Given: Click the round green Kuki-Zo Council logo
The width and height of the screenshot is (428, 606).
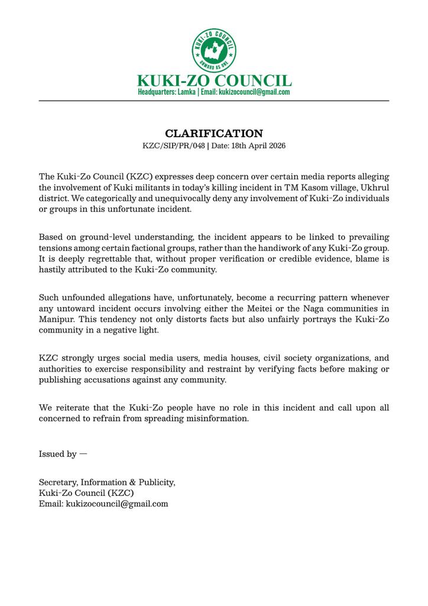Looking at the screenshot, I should (214, 49).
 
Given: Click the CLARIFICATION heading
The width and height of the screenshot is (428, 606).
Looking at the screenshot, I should (213, 133).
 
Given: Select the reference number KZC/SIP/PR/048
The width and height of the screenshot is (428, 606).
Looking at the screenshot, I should (173, 146).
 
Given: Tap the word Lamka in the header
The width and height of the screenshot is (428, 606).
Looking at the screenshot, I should (185, 93).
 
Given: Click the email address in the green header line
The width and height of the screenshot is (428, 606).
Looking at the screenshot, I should (254, 93).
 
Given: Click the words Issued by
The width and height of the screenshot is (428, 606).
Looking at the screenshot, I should (58, 454).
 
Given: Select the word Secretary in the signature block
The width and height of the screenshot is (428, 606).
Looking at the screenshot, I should (57, 482).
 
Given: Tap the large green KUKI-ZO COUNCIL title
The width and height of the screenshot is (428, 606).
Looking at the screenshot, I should (214, 80).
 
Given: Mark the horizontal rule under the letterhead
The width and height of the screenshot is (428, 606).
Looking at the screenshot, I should (214, 101).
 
